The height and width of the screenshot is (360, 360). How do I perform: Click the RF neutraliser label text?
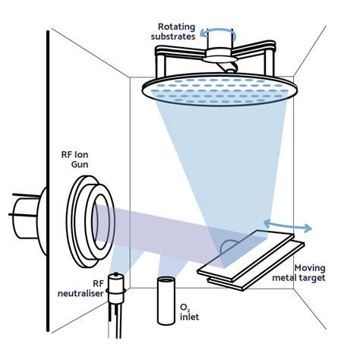click(x=79, y=286)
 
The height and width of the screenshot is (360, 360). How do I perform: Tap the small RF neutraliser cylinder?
click(x=115, y=288)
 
